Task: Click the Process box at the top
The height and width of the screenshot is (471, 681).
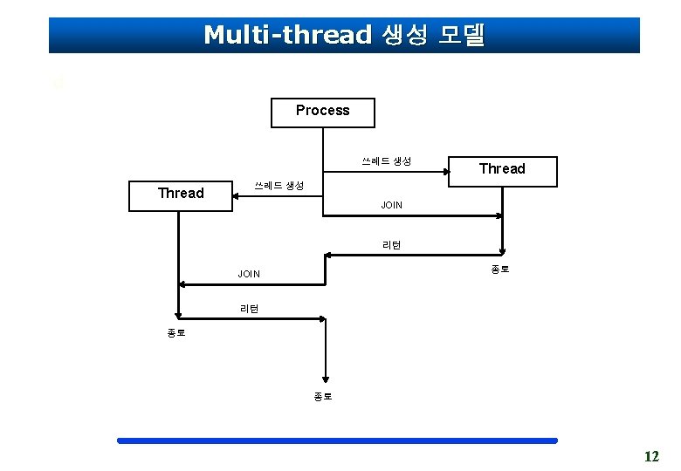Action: pyautogui.click(x=322, y=112)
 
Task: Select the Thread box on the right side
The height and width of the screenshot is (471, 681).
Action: pyautogui.click(x=502, y=169)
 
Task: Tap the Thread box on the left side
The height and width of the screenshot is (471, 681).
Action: pyautogui.click(x=181, y=194)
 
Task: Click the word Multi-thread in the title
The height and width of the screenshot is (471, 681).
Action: pyautogui.click(x=287, y=35)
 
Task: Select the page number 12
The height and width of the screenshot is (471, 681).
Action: pyautogui.click(x=650, y=456)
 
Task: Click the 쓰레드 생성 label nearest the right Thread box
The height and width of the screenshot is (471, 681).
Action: pyautogui.click(x=387, y=161)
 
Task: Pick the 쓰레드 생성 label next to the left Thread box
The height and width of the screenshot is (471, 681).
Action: pyautogui.click(x=279, y=186)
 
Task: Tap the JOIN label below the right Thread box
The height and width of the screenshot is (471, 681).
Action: pyautogui.click(x=391, y=206)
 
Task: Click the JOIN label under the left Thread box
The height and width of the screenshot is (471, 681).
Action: pyautogui.click(x=249, y=274)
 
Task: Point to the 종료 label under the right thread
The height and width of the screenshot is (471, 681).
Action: pyautogui.click(x=499, y=270)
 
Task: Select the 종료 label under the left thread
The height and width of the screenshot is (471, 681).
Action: pyautogui.click(x=176, y=332)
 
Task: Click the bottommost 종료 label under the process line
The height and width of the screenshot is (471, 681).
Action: pyautogui.click(x=323, y=396)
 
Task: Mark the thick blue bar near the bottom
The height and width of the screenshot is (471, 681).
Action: pyautogui.click(x=337, y=440)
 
